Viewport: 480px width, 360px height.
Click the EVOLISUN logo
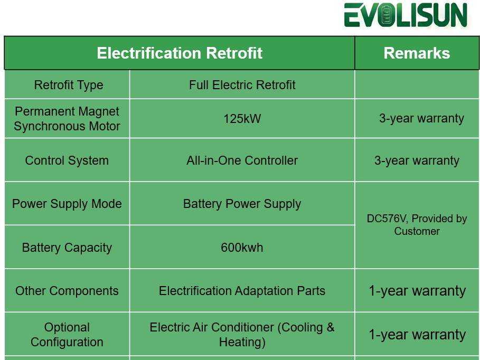(406, 15)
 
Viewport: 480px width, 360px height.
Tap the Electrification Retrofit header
(180, 53)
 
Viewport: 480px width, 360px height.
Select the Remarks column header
(417, 53)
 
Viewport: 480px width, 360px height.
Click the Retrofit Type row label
(69, 85)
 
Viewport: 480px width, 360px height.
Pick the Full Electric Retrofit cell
(242, 85)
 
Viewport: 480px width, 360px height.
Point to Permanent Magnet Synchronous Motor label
(67, 119)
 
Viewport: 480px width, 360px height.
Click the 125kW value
(242, 119)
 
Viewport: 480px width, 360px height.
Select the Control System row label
(67, 160)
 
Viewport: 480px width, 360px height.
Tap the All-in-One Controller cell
(242, 160)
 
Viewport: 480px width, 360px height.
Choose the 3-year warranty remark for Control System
(417, 160)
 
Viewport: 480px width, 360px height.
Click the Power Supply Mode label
(67, 204)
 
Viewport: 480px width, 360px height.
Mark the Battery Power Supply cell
(242, 204)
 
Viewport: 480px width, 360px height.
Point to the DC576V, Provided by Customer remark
(417, 225)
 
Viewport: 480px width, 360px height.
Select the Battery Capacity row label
(67, 248)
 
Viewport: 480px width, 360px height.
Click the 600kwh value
(242, 248)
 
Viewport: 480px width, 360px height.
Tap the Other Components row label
(67, 291)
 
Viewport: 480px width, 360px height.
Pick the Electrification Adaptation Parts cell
(242, 291)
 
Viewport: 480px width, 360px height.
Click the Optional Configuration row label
(67, 335)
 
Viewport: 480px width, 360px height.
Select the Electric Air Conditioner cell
(242, 335)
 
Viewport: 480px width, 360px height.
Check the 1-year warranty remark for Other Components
(417, 291)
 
